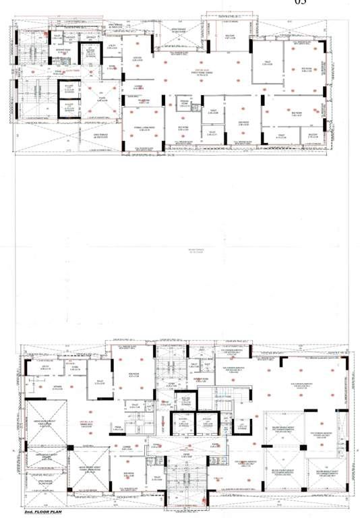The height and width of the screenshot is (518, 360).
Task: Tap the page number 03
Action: (301, 3)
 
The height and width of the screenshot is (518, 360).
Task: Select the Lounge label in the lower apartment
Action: (125, 447)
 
